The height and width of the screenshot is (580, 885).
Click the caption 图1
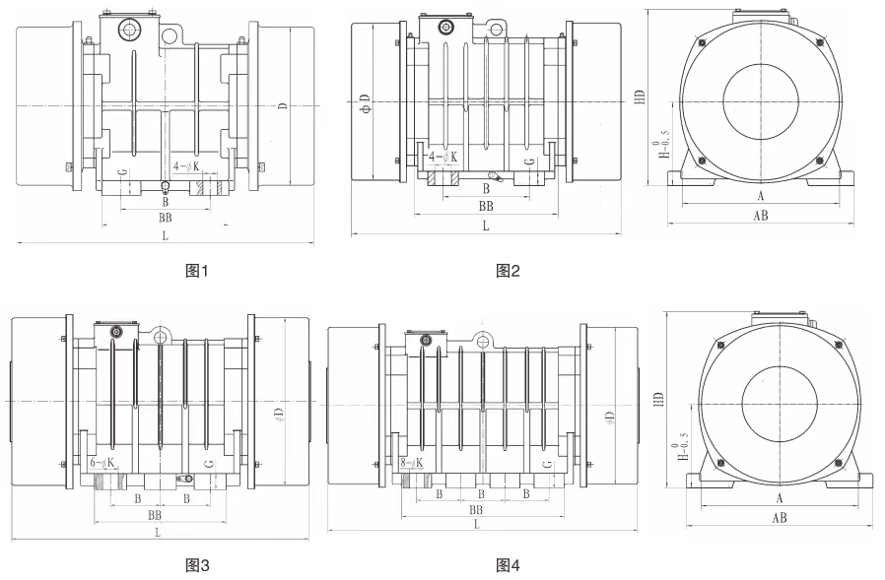click(x=197, y=270)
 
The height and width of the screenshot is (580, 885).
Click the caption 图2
click(x=507, y=270)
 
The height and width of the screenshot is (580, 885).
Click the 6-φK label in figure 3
click(x=102, y=462)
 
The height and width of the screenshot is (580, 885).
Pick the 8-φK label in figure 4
click(x=412, y=462)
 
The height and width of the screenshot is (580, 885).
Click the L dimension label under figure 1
click(x=166, y=236)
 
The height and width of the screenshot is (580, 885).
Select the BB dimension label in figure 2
click(x=486, y=207)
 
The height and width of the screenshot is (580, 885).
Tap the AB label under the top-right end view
click(x=761, y=216)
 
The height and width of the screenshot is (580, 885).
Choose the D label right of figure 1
click(x=282, y=105)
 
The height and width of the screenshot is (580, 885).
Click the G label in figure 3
click(x=207, y=463)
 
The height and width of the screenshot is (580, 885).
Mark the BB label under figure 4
click(x=477, y=509)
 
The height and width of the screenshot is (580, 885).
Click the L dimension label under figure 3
click(x=158, y=532)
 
